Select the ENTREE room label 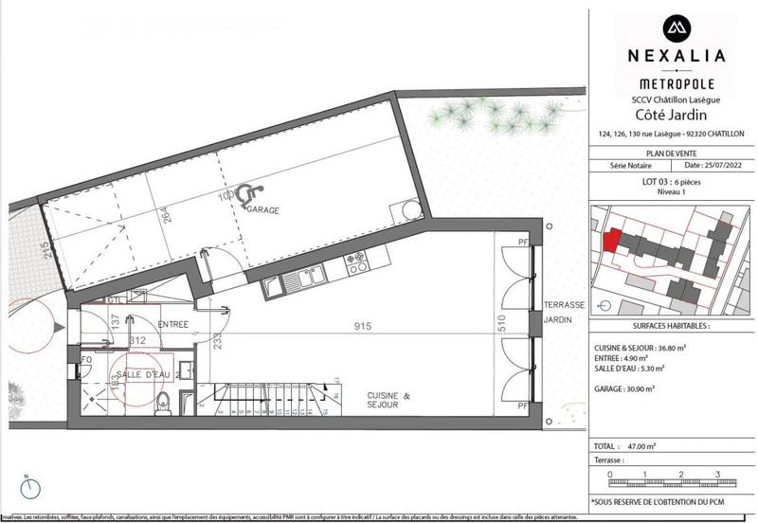(173, 325)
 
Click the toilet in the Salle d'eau (162, 399)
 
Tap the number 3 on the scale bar (717, 474)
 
